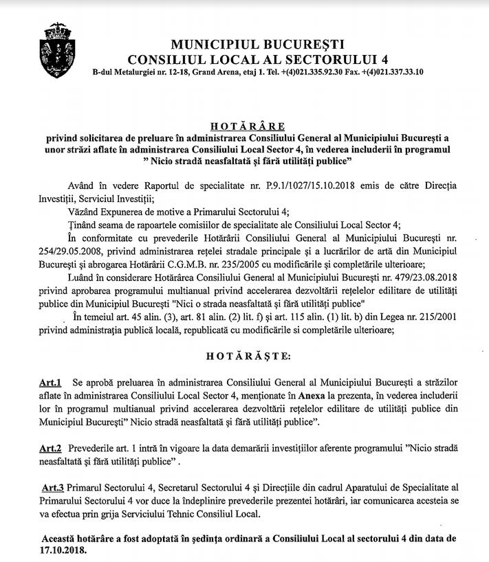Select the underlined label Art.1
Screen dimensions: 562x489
click(51, 381)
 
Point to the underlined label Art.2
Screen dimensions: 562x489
click(51, 447)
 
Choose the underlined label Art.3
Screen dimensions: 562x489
click(54, 487)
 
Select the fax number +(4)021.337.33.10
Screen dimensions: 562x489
click(391, 71)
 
